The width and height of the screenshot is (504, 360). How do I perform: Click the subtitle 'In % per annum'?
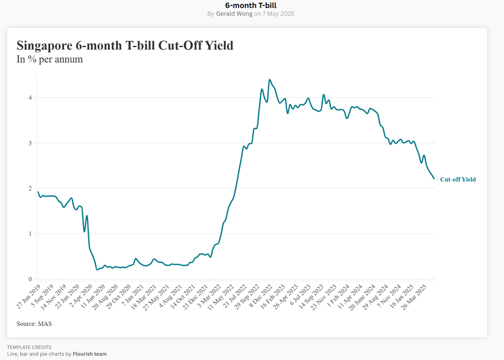click(50, 59)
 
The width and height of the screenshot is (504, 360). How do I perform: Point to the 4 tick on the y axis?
click(30, 98)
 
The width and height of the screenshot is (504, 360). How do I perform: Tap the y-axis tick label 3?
click(30, 143)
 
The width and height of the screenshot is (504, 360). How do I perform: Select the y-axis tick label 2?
click(30, 188)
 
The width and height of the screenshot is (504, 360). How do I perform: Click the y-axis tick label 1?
click(30, 234)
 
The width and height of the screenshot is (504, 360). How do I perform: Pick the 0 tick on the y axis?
click(30, 279)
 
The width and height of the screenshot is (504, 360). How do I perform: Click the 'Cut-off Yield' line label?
click(458, 179)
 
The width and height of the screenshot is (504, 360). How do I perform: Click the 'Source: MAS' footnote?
click(34, 323)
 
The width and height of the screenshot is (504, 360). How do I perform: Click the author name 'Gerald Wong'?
click(234, 13)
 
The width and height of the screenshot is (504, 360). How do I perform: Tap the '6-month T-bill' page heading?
click(252, 5)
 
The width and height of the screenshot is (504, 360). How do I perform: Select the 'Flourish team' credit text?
click(89, 354)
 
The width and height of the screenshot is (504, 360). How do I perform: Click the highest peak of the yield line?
click(270, 79)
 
